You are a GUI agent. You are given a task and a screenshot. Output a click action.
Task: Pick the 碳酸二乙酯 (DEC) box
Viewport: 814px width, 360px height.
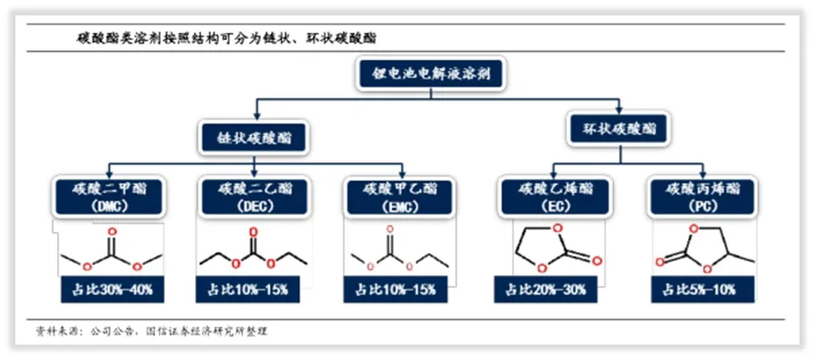pyautogui.click(x=254, y=197)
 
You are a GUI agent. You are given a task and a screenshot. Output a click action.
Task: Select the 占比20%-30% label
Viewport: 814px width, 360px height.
pyautogui.click(x=551, y=290)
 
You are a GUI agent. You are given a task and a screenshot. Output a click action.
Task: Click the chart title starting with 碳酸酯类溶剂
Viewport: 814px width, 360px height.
pyautogui.click(x=227, y=38)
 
